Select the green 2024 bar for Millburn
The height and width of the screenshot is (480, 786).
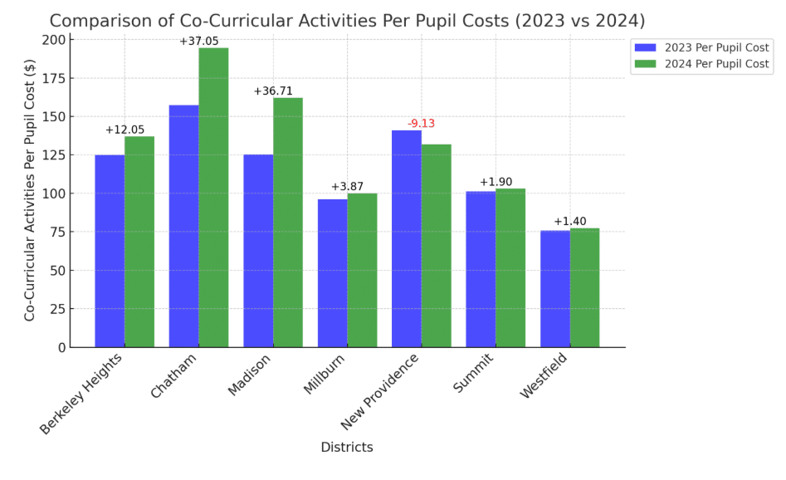(362, 270)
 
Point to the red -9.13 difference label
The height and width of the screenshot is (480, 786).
(421, 124)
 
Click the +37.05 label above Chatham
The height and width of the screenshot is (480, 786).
(198, 41)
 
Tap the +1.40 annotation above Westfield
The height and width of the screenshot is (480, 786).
(569, 221)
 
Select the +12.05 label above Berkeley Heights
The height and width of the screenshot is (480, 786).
(124, 130)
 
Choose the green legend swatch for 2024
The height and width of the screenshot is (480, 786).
(644, 64)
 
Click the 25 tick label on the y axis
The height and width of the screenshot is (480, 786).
(58, 309)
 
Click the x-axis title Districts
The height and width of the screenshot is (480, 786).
(347, 447)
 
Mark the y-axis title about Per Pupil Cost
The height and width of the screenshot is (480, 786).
(30, 190)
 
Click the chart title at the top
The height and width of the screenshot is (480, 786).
(347, 20)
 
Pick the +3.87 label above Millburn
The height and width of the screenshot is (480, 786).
(347, 187)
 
